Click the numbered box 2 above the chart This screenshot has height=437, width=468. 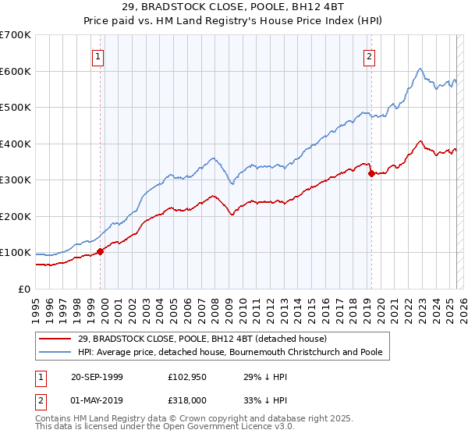(368, 56)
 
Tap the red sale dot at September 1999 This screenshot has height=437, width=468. (100, 251)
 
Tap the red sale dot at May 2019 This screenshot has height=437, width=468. (371, 173)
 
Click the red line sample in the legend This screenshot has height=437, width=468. (55, 339)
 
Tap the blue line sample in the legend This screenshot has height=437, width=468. (55, 353)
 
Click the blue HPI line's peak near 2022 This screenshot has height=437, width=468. (420, 69)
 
